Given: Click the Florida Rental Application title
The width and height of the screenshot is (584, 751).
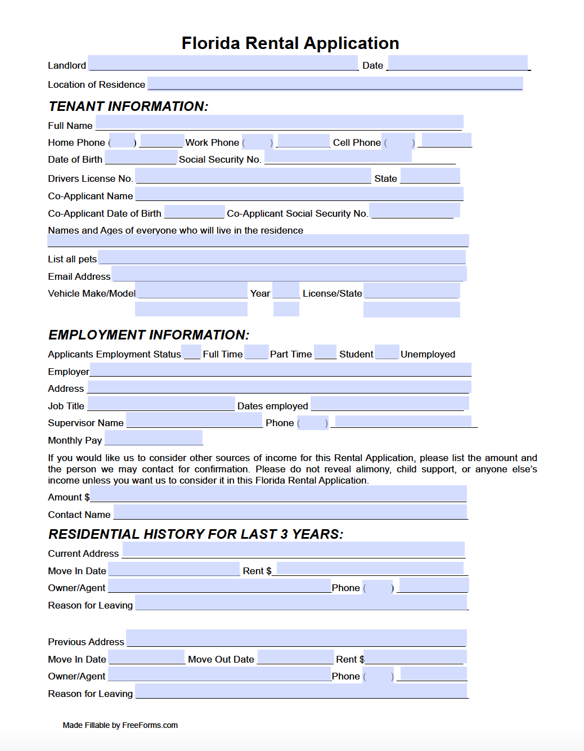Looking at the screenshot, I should (x=290, y=43).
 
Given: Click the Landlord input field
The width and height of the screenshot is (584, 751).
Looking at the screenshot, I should (x=223, y=63).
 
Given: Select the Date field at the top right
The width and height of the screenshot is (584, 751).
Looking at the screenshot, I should (x=457, y=63).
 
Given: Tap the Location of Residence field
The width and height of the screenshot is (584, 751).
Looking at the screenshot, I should (x=335, y=83).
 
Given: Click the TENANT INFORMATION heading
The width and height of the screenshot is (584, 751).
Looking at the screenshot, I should (x=128, y=106).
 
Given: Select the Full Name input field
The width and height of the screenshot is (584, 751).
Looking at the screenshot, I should (x=279, y=122).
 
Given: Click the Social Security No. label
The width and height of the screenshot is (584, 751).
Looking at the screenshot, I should (x=220, y=160).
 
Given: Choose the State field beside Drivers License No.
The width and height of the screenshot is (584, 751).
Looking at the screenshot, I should (x=430, y=176).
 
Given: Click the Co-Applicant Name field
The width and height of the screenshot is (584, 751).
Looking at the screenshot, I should (x=299, y=194).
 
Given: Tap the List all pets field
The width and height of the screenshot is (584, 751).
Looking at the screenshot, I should (x=282, y=257).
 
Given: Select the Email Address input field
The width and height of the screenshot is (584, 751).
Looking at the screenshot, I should (x=289, y=274).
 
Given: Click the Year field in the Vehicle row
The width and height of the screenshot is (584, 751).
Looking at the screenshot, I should (x=286, y=290).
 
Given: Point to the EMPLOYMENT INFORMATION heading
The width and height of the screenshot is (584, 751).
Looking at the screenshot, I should (x=149, y=335).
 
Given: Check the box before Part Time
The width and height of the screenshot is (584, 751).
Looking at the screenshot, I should (x=257, y=352).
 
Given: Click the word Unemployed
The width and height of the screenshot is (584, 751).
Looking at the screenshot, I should (x=428, y=354).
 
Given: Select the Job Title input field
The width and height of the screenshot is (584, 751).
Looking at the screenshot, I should (x=161, y=404).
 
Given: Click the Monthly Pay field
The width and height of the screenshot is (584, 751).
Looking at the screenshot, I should (x=154, y=437).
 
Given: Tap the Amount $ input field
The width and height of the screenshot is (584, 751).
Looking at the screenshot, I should (x=278, y=494).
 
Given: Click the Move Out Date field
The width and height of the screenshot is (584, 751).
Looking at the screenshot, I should (x=295, y=657).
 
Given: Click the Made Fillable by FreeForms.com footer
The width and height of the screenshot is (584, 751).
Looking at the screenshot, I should (x=120, y=725).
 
